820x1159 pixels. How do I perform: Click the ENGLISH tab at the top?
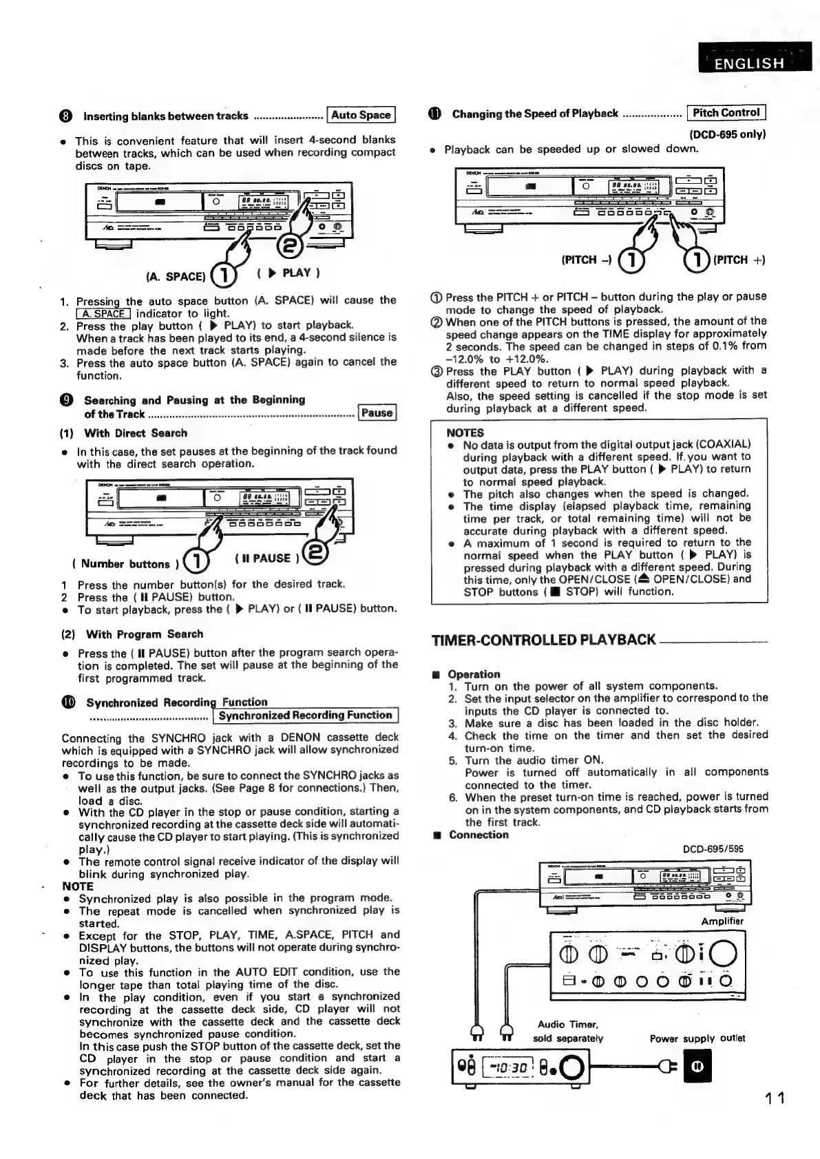[x=750, y=64]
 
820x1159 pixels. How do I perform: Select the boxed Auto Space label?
[x=361, y=115]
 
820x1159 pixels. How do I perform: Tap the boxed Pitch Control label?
[x=726, y=113]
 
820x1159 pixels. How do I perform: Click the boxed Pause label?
[x=377, y=413]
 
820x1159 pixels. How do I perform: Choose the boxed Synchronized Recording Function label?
[x=305, y=716]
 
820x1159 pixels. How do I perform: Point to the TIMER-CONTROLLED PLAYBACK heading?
[x=543, y=640]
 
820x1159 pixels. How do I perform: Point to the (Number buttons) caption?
[x=121, y=564]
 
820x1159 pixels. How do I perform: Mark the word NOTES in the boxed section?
[x=465, y=433]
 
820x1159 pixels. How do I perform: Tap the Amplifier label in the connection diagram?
[x=722, y=921]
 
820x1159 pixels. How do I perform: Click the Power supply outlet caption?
[x=698, y=1038]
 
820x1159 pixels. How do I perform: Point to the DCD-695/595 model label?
[x=713, y=849]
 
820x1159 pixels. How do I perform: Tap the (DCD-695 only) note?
[x=727, y=134]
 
